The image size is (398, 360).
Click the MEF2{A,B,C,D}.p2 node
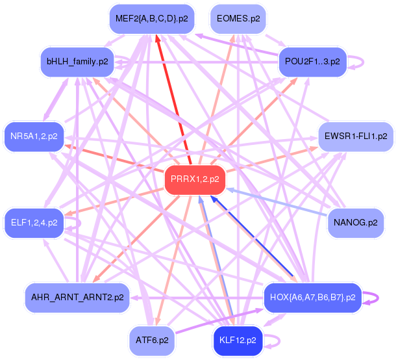coord(152,19)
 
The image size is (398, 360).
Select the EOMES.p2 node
coord(238,19)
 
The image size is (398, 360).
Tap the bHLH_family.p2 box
coord(77,62)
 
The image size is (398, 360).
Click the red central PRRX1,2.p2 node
coord(195,179)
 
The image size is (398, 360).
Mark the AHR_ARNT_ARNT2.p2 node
coord(77,297)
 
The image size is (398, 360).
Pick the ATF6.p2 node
coord(153,340)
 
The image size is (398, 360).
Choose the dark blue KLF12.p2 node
coord(238,340)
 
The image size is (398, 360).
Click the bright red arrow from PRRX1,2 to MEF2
coord(172,97)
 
